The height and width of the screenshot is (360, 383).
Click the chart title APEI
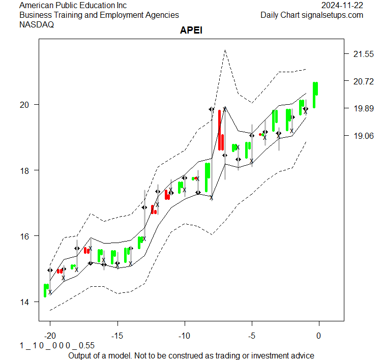[x=191, y=31]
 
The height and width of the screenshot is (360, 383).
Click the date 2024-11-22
[x=342, y=6]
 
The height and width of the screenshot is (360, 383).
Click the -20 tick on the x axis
[x=50, y=336]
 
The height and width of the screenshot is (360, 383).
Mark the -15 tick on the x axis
[x=117, y=336]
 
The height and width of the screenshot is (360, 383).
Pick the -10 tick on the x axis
[x=185, y=336]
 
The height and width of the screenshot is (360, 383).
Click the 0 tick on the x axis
[x=319, y=336]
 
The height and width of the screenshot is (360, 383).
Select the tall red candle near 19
[x=220, y=130]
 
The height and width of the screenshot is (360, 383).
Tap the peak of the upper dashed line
[x=224, y=50]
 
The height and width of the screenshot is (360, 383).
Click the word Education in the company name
[x=97, y=6]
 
